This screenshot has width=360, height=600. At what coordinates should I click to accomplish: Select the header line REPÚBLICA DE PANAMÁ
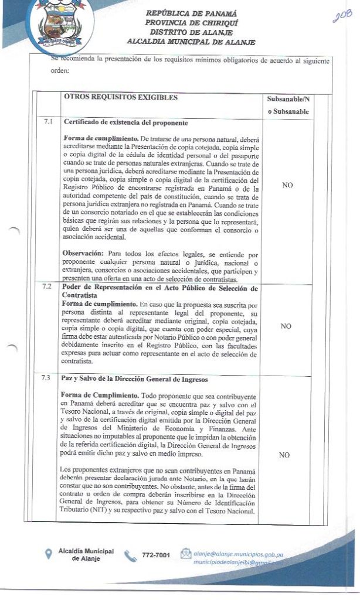coord(191,13)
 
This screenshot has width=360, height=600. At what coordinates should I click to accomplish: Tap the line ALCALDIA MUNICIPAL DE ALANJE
coord(191,42)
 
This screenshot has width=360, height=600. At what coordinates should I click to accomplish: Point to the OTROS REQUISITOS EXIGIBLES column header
coord(120,98)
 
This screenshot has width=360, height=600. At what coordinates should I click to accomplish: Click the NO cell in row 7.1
coord(287,185)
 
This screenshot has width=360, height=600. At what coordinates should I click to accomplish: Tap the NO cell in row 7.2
coord(287,326)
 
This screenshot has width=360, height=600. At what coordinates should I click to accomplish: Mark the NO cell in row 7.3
coord(284,454)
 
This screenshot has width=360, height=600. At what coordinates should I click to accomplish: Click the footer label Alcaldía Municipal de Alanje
coord(86,555)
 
